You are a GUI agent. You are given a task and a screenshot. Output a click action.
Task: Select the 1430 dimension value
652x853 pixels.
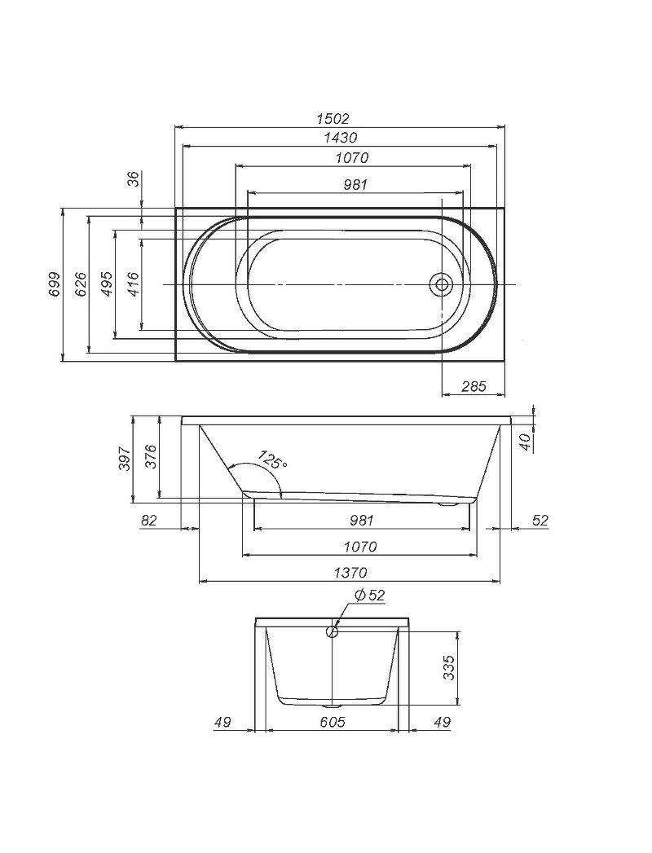(340, 138)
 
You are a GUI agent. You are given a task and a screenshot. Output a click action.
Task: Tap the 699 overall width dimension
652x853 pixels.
(54, 284)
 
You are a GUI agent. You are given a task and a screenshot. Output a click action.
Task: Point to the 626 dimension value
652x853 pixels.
(80, 284)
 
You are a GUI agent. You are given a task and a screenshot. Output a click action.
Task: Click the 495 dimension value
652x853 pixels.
(107, 284)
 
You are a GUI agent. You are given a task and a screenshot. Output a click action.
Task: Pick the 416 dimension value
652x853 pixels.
(133, 284)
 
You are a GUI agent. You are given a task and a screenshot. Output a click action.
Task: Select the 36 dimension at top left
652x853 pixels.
(134, 178)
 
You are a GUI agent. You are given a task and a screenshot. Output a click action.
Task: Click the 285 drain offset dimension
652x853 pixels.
(473, 386)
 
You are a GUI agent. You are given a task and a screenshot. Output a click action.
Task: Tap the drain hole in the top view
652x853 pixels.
(442, 284)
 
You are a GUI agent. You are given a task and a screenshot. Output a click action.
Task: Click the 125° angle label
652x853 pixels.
(273, 460)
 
